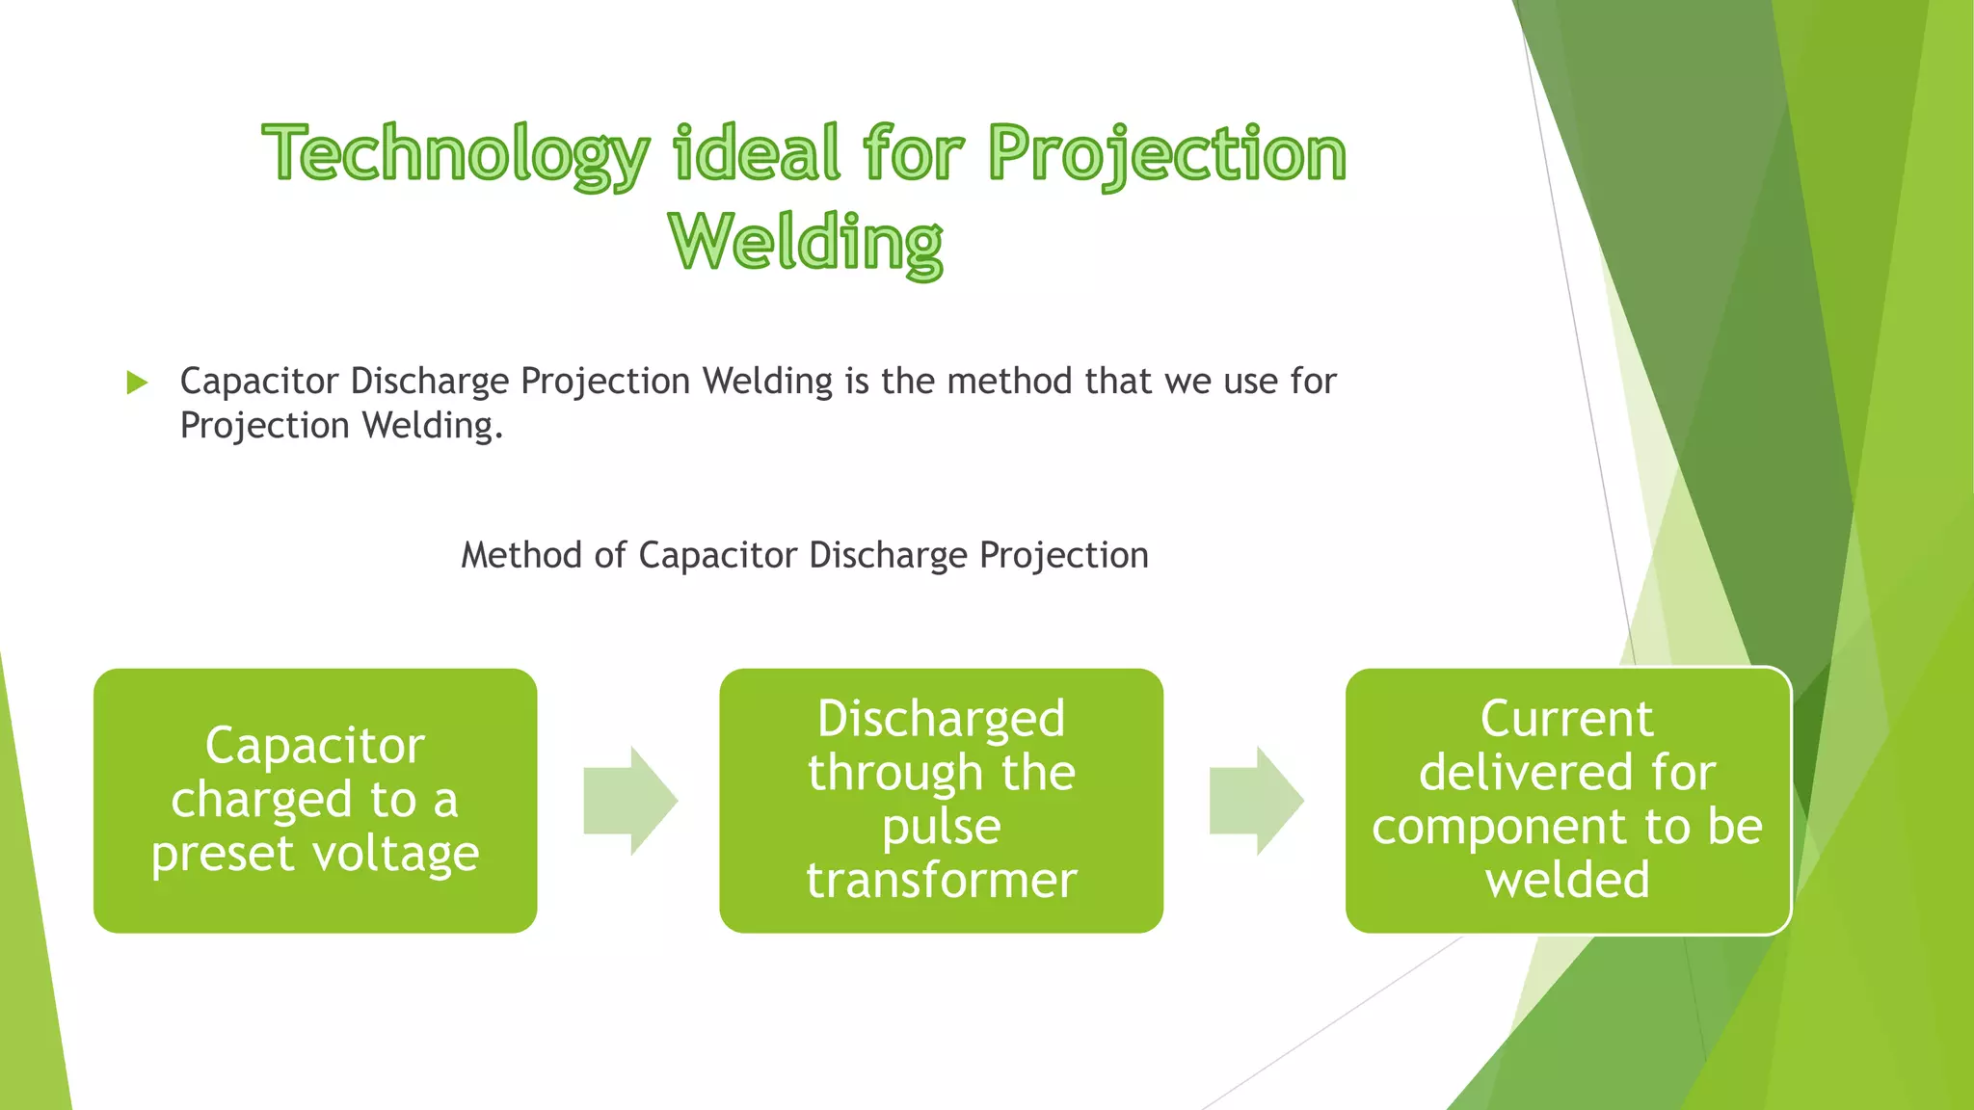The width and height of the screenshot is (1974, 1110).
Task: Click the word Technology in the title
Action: click(456, 154)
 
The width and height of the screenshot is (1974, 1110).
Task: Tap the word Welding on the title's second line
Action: click(806, 242)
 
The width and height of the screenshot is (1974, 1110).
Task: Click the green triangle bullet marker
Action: click(137, 383)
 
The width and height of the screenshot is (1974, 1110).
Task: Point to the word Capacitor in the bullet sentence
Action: click(259, 382)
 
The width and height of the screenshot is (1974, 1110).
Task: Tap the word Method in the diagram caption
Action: click(520, 556)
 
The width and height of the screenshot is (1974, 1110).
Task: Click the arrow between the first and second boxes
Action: click(630, 800)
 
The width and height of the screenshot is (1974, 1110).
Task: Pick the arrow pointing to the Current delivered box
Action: click(1256, 800)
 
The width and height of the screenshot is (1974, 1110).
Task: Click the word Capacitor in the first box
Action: click(315, 746)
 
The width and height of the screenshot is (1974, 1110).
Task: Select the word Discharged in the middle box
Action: click(941, 719)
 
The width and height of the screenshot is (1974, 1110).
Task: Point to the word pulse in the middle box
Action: click(941, 827)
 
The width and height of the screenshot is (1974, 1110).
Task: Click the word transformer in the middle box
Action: click(941, 880)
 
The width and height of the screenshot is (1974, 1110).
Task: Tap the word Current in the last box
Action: click(1567, 719)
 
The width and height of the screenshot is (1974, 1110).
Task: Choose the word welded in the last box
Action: click(1567, 880)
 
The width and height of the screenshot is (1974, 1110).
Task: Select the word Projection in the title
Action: click(1167, 154)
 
